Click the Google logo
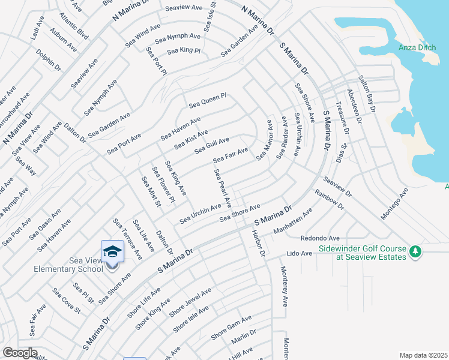pyautogui.click(x=20, y=352)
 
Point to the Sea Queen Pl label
pyautogui.click(x=207, y=100)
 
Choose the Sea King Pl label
pyautogui.click(x=183, y=51)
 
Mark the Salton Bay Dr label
pyautogui.click(x=366, y=94)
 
